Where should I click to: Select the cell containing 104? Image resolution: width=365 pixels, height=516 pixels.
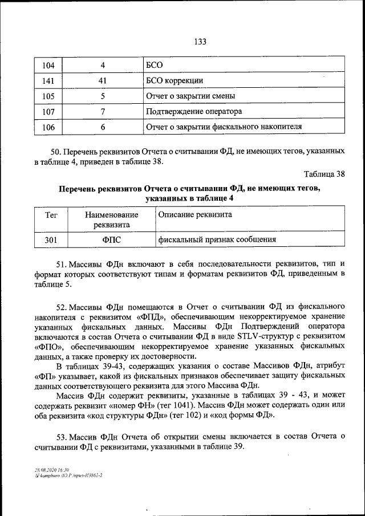pyautogui.click(x=48, y=65)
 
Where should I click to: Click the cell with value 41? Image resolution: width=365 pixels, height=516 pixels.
pyautogui.click(x=103, y=80)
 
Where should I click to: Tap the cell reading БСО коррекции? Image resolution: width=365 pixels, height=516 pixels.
pyautogui.click(x=175, y=80)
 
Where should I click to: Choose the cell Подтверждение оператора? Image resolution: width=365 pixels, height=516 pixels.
pyautogui.click(x=194, y=111)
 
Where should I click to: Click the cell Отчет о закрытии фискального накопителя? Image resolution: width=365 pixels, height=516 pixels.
pyautogui.click(x=224, y=127)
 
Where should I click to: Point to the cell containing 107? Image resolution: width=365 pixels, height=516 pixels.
pyautogui.click(x=48, y=111)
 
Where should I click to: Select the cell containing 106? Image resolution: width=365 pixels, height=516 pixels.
pyautogui.click(x=48, y=127)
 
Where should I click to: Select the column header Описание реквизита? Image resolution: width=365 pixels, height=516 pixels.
pyautogui.click(x=194, y=215)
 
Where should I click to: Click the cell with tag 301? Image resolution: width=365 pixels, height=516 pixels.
pyautogui.click(x=50, y=239)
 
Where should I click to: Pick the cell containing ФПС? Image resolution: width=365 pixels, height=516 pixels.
pyautogui.click(x=111, y=239)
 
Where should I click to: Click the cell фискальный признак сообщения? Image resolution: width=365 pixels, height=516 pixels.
pyautogui.click(x=217, y=239)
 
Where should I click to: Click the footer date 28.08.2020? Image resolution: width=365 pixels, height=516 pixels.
pyautogui.click(x=44, y=468)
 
